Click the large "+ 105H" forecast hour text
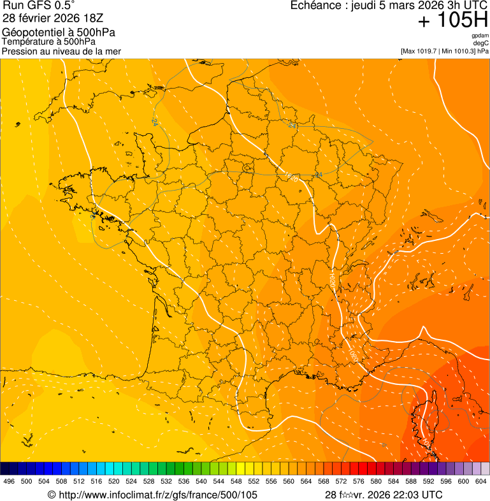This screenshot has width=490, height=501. coord(452,21)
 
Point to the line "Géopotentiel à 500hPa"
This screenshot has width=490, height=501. coord(59,33)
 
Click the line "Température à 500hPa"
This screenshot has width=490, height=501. coord(49,41)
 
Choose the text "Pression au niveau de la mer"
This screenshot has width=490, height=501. coord(61,51)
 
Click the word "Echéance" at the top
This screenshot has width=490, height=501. coord(313,6)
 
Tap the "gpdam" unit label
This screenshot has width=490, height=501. coord(480,36)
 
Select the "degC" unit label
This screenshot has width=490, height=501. coord(482,43)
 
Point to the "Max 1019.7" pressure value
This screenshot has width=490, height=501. coord(420,51)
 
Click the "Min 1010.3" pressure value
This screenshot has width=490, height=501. coord(458,51)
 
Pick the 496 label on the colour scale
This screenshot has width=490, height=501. coord(9,482)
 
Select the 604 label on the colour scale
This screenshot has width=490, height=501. coord(481,482)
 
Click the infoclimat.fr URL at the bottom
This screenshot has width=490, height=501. coord(152,495)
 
